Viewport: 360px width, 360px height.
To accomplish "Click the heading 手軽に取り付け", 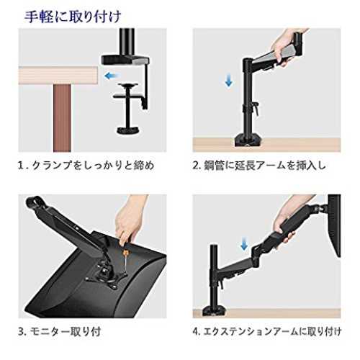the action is click(x=73, y=17).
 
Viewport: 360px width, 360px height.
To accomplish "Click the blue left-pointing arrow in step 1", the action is click(x=111, y=76).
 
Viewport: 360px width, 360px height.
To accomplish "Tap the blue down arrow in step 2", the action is click(x=229, y=80).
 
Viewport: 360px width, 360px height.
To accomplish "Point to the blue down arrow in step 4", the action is click(x=244, y=243).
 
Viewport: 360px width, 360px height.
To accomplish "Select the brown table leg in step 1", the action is click(x=62, y=118).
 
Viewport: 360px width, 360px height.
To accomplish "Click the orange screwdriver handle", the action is click(x=125, y=253).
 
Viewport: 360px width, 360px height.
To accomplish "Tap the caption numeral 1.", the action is click(x=21, y=166).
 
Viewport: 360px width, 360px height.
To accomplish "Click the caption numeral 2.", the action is click(x=196, y=166).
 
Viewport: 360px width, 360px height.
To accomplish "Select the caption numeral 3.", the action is click(x=22, y=332).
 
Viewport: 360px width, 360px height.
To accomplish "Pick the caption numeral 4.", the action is click(x=196, y=332).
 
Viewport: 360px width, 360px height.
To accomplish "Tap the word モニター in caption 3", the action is click(x=50, y=332).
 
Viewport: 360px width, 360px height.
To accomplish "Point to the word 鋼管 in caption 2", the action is click(x=215, y=166).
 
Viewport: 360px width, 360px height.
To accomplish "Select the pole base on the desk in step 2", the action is click(x=247, y=141).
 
